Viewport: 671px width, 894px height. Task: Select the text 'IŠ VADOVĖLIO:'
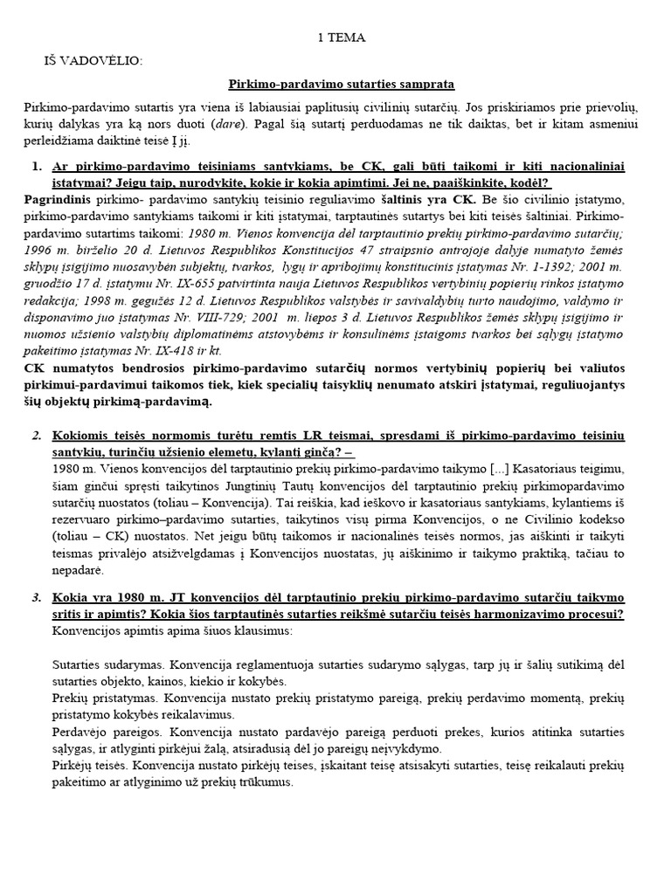tap(92, 60)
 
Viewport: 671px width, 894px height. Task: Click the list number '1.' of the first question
tap(37, 166)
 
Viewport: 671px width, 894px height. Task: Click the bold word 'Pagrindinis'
tap(57, 200)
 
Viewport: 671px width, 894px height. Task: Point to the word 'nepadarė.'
tap(78, 570)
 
